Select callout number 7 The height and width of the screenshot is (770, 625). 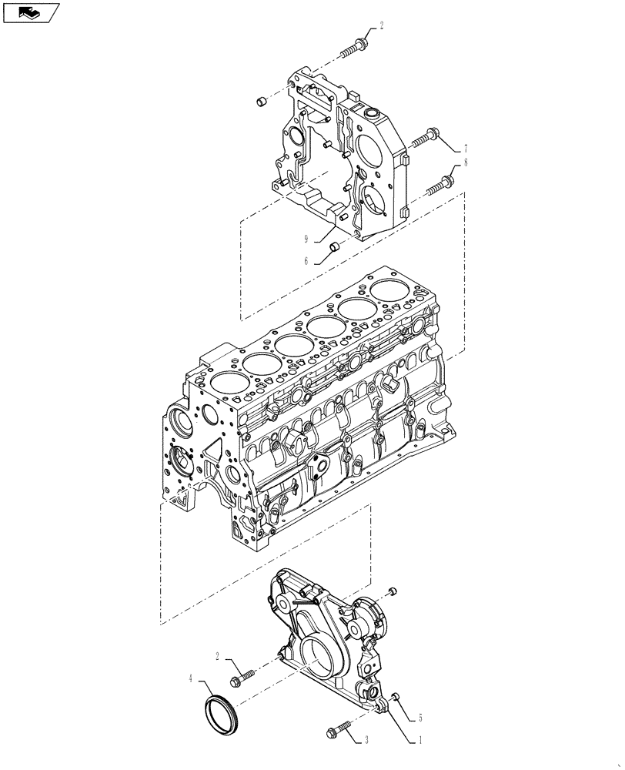(466, 148)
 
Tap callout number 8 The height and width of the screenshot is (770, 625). (466, 162)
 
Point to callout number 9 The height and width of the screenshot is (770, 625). (306, 239)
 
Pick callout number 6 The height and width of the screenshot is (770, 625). (306, 261)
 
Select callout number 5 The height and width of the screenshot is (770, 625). (420, 719)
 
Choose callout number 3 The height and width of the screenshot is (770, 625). (366, 740)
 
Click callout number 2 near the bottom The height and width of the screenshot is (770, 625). (219, 657)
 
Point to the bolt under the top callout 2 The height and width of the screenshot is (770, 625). (354, 48)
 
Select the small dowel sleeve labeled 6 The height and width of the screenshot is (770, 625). (335, 247)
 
